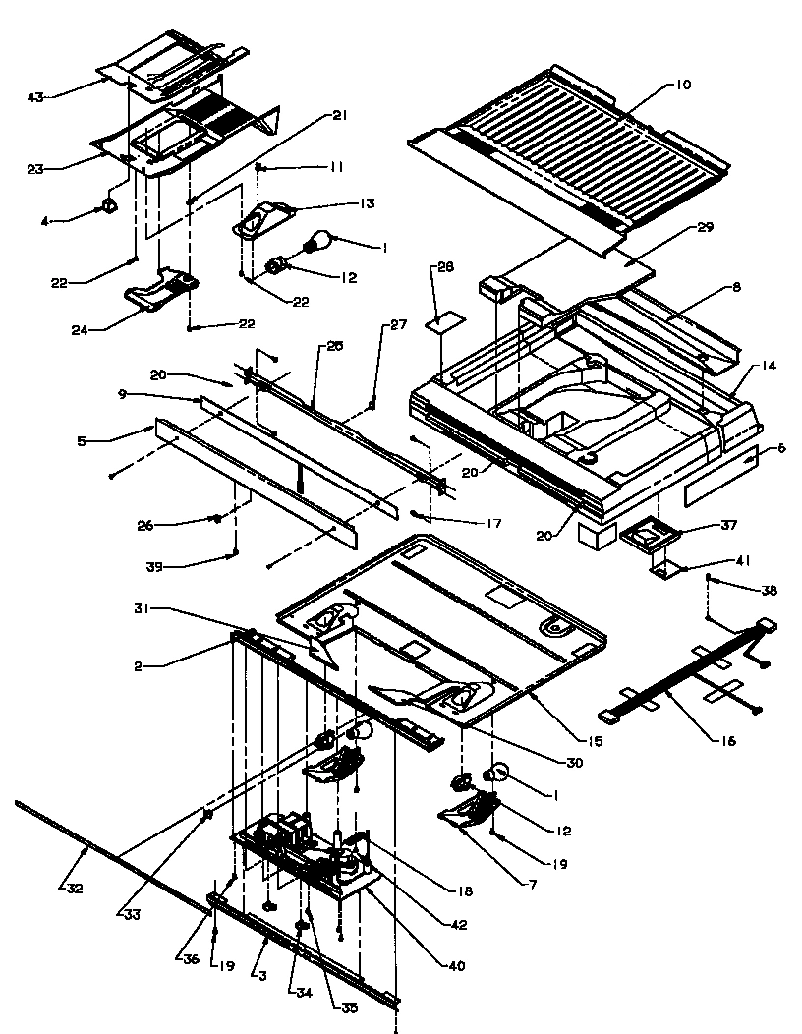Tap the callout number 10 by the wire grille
682,85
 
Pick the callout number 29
704,226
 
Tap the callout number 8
735,287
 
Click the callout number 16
726,741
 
